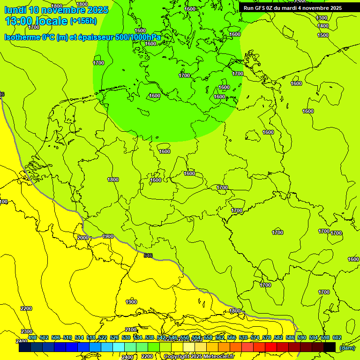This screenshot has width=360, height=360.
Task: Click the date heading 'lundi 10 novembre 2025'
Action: coord(56,10)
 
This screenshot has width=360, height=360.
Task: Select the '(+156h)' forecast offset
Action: coord(83,21)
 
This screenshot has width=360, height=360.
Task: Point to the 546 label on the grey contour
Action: coord(148,255)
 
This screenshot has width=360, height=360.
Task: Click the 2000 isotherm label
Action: coord(83,238)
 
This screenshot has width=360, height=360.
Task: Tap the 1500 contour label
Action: coord(323,35)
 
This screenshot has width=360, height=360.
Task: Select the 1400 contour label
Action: coord(323,26)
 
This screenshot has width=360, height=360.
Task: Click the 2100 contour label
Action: coord(131,330)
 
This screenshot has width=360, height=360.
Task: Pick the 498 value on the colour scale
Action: coord(32,337)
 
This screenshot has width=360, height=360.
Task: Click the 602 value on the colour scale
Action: coord(337,337)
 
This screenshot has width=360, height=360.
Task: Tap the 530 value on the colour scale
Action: coord(126,337)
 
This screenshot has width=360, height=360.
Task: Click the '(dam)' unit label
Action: coord(347,347)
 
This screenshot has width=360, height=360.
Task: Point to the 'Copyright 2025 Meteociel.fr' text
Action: coord(199,357)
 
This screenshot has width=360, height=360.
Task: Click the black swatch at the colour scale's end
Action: coord(330,347)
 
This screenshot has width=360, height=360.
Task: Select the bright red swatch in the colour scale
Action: coord(271,347)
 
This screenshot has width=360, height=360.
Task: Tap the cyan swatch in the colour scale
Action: coord(119,347)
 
